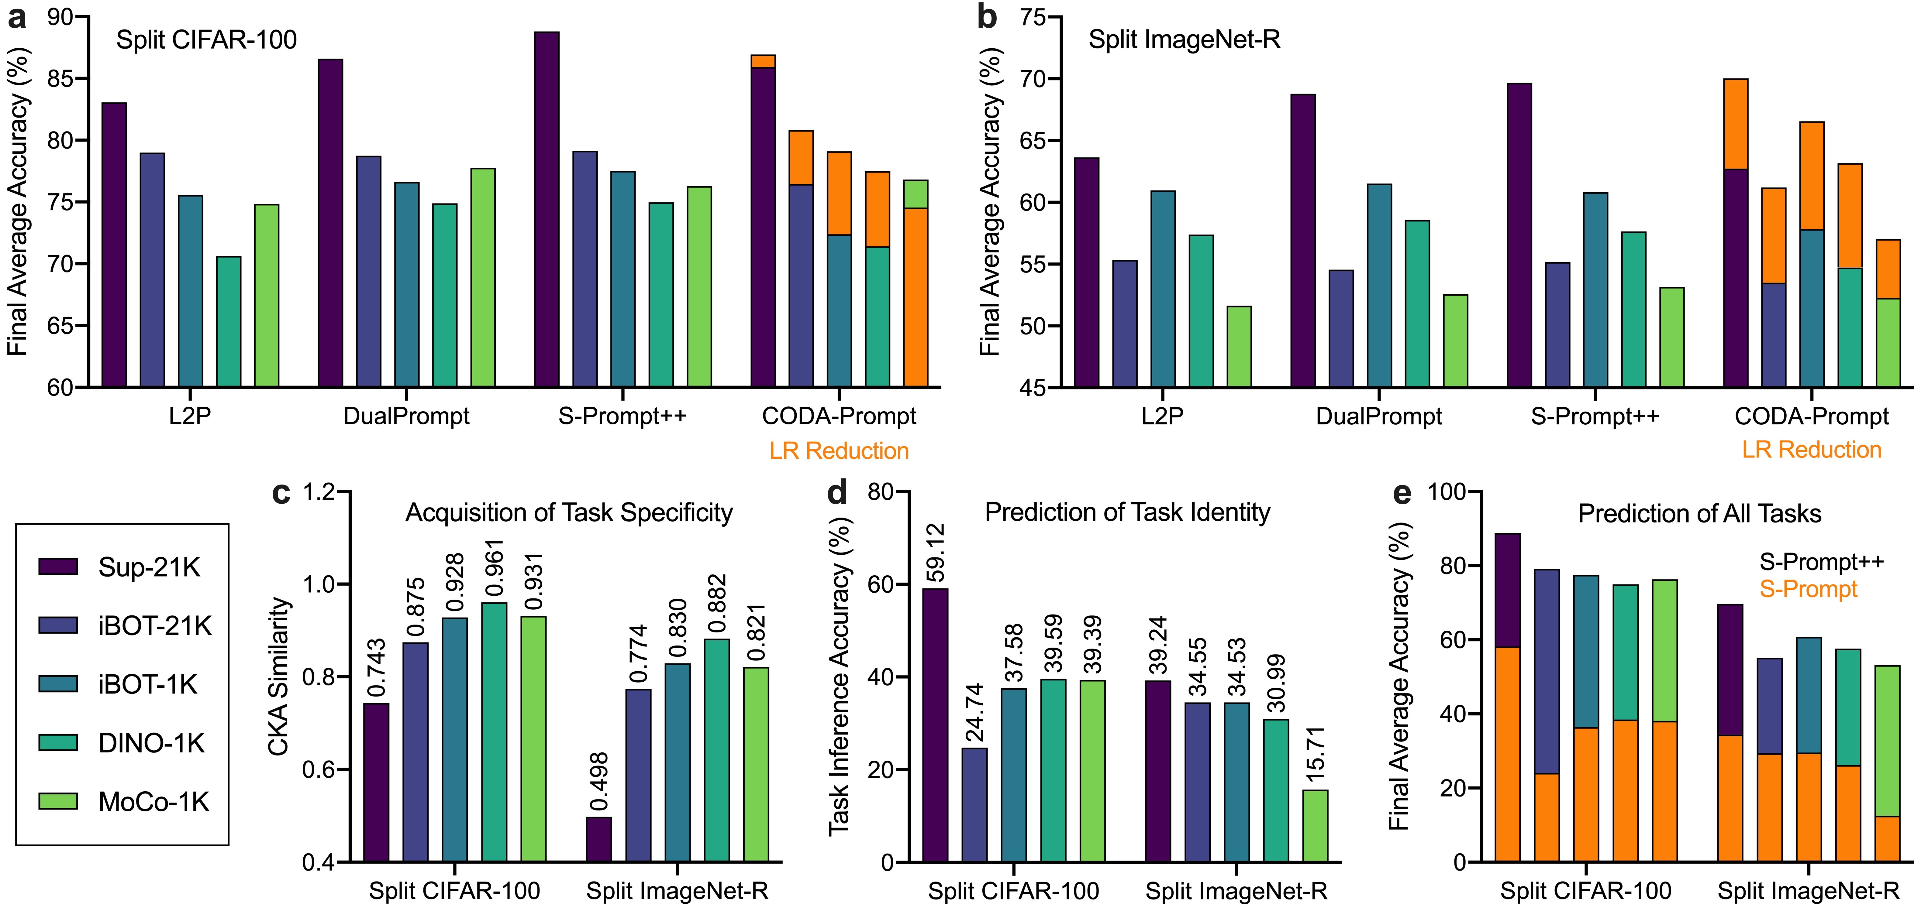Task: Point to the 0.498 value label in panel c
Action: pyautogui.click(x=599, y=782)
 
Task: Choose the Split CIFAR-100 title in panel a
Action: pyautogui.click(x=207, y=39)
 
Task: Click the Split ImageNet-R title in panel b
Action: pyautogui.click(x=1184, y=39)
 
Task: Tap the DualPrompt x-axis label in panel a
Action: pyautogui.click(x=406, y=416)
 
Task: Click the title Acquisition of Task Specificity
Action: pyautogui.click(x=569, y=513)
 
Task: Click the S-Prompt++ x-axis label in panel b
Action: pyautogui.click(x=1595, y=416)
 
